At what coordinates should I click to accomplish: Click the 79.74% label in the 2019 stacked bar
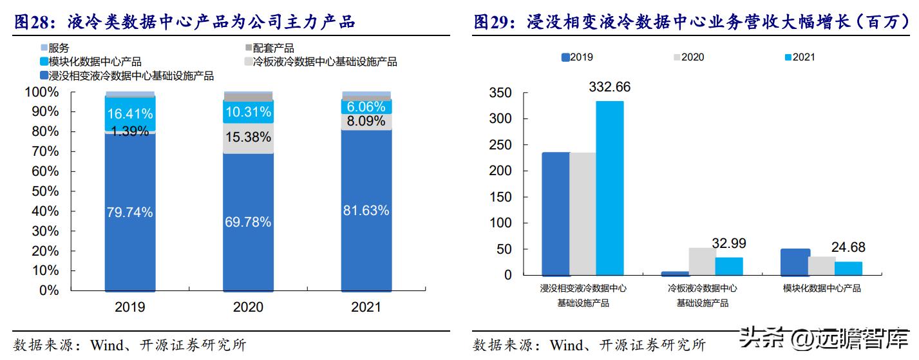[130, 212]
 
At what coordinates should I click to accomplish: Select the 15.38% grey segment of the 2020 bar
[248, 138]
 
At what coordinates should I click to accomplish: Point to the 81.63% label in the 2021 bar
[366, 210]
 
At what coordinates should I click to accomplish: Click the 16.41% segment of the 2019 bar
[130, 114]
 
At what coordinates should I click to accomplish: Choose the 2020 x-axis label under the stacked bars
[248, 307]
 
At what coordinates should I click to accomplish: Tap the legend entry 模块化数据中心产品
[95, 62]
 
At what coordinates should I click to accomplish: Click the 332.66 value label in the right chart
[609, 87]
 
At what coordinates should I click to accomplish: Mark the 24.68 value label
[848, 247]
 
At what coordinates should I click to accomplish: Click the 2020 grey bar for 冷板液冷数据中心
[702, 261]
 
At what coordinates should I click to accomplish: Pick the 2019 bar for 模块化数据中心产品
[795, 262]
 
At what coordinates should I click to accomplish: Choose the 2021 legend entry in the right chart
[799, 57]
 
